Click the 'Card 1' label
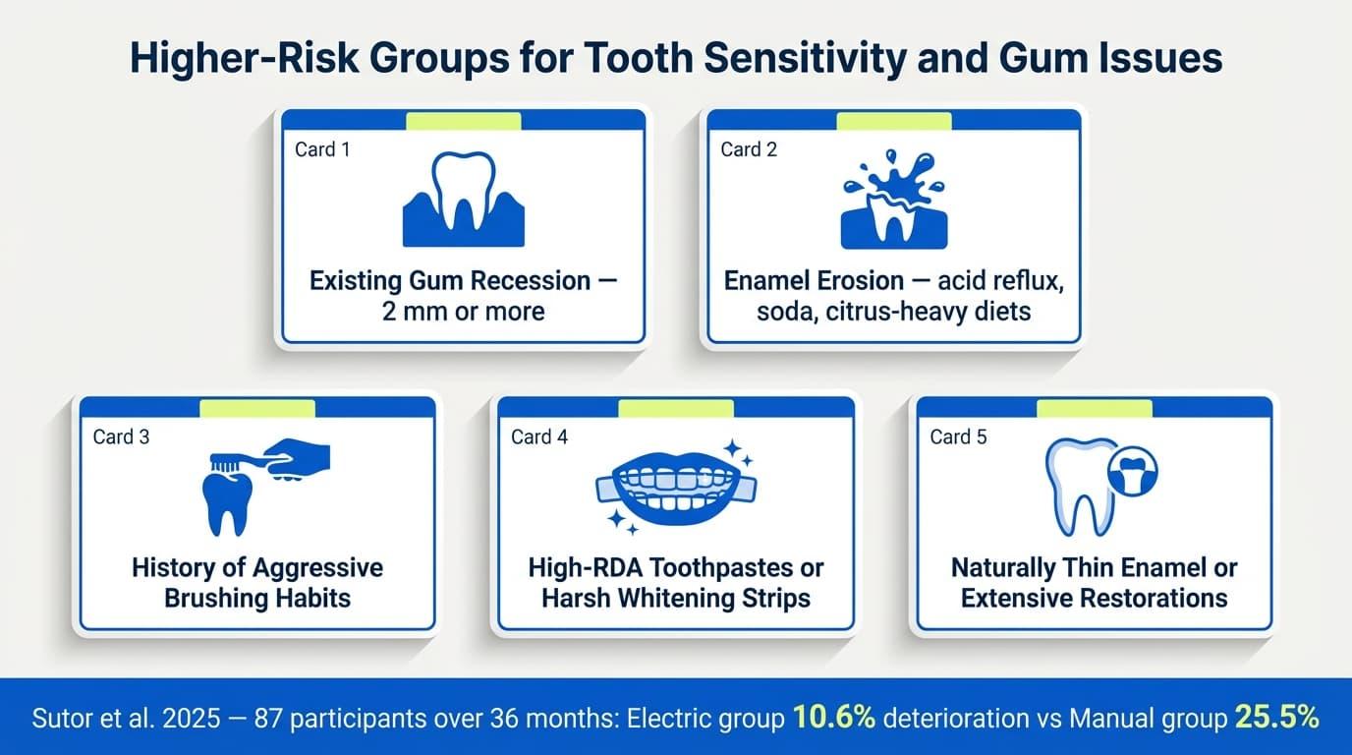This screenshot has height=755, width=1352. click(x=322, y=149)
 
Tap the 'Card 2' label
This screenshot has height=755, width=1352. click(x=749, y=149)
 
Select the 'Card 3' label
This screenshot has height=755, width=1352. click(x=121, y=436)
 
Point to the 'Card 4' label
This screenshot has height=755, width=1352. click(x=539, y=436)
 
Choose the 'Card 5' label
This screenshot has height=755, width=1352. click(x=958, y=436)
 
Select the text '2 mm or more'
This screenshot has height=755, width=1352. click(x=464, y=312)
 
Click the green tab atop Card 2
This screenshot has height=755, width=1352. click(x=893, y=120)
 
